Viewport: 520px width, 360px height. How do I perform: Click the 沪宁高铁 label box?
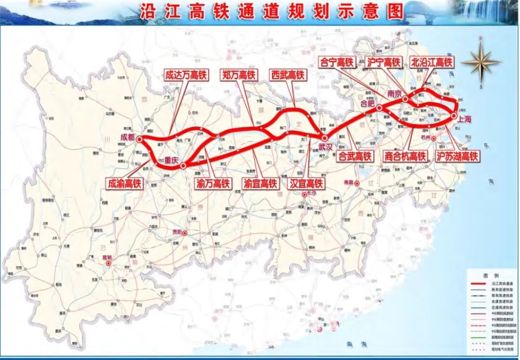pyautogui.click(x=384, y=62)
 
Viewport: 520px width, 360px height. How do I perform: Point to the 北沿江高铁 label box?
pyautogui.click(x=432, y=62)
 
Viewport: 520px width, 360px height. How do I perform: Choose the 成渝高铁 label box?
pyautogui.click(x=125, y=183)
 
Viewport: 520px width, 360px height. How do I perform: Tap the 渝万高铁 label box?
pyautogui.click(x=213, y=183)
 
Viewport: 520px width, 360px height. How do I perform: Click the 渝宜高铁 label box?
pyautogui.click(x=260, y=184)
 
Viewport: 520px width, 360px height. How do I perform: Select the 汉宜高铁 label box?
pyautogui.click(x=307, y=184)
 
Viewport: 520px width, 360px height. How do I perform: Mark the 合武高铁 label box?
pyautogui.click(x=355, y=156)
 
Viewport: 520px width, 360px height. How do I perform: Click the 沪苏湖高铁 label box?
pyautogui.click(x=457, y=156)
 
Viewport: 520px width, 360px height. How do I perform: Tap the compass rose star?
pyautogui.click(x=481, y=62)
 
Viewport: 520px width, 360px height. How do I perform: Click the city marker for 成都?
pyautogui.click(x=139, y=139)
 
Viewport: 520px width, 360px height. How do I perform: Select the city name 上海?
pyautogui.click(x=465, y=119)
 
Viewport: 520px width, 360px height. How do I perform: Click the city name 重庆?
pyautogui.click(x=172, y=160)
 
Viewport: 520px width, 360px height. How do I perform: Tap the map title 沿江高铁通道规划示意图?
pyautogui.click(x=271, y=12)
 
